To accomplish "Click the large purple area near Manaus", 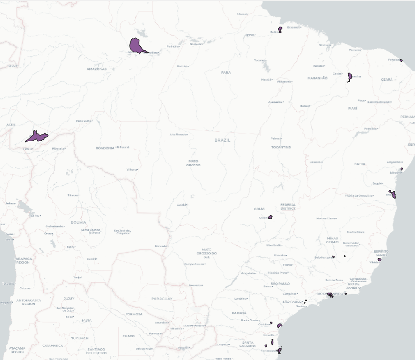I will pyautogui.click(x=136, y=46).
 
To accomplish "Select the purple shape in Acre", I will pyautogui.click(x=36, y=136).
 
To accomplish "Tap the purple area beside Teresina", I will pyautogui.click(x=350, y=77).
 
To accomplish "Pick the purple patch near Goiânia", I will pyautogui.click(x=270, y=217).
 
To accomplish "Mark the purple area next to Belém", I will pyautogui.click(x=280, y=29).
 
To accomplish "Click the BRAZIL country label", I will pyautogui.click(x=222, y=140).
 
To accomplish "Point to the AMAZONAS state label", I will pyautogui.click(x=97, y=69).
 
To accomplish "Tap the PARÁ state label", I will pyautogui.click(x=226, y=72).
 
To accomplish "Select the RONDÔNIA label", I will pyautogui.click(x=105, y=148).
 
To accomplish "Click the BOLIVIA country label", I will pyautogui.click(x=78, y=222).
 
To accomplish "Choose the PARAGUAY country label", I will pyautogui.click(x=162, y=299).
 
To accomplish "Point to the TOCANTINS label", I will pyautogui.click(x=281, y=148).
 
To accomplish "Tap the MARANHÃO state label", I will pyautogui.click(x=318, y=78).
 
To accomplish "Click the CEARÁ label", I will pyautogui.click(x=387, y=79).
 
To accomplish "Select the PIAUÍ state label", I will pyautogui.click(x=352, y=108).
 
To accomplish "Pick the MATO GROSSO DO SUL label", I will pyautogui.click(x=207, y=253).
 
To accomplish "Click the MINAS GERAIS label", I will pyautogui.click(x=332, y=240).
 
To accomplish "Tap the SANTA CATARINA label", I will pyautogui.click(x=247, y=344).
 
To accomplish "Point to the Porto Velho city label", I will pyautogui.click(x=84, y=121).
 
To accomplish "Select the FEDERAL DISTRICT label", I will pyautogui.click(x=288, y=207).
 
